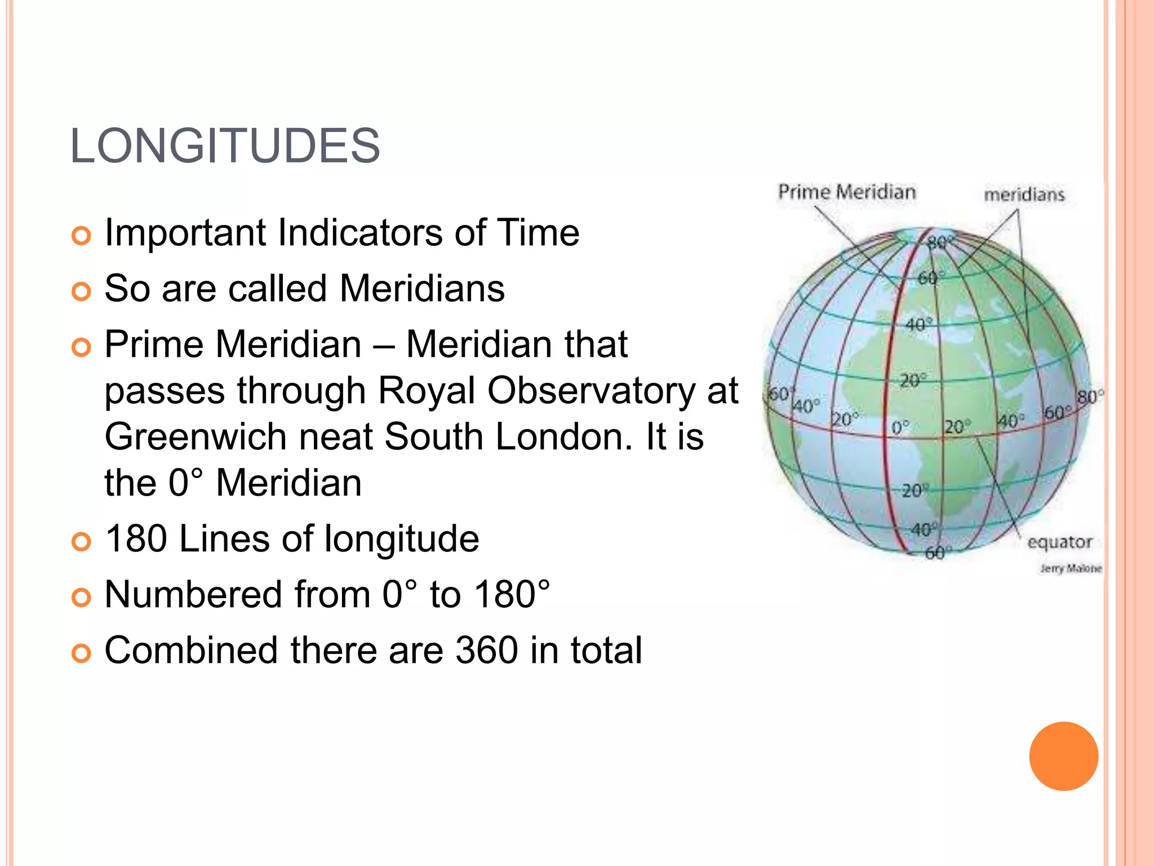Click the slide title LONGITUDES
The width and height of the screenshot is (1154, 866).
point(225,146)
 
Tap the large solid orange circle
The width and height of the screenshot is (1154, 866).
point(1063,756)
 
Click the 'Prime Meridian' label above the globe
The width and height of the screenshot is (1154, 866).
point(847,192)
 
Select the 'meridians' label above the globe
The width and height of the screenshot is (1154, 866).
point(1024,195)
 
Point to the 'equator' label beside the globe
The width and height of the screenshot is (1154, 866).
point(1059,542)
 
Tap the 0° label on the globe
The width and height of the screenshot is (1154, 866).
point(900,427)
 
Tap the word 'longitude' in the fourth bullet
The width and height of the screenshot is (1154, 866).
point(402,538)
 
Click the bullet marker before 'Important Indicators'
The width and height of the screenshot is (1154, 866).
point(82,235)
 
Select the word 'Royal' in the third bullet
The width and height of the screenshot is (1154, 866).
point(427,390)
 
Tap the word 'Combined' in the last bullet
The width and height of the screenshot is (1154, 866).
point(192,650)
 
